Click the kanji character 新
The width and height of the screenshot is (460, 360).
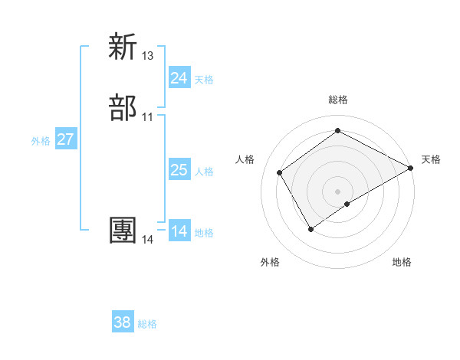123,47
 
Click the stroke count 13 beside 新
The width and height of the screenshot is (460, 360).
148,56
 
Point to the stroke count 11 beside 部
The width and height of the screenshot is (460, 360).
148,117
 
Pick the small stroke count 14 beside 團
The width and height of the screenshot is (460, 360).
148,240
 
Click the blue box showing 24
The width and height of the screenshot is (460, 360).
179,78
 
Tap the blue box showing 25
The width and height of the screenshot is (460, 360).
179,170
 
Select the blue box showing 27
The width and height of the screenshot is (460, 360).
66,139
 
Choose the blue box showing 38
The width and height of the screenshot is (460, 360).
123,322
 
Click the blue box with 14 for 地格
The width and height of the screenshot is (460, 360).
179,231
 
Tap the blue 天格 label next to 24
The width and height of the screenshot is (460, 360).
204,80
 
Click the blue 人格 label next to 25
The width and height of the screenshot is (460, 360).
204,172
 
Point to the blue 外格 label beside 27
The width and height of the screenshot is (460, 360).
41,141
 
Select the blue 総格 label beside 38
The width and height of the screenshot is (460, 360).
147,324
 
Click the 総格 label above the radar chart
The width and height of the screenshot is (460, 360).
338,100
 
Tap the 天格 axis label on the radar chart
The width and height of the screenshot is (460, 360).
431,159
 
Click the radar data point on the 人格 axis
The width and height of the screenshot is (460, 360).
280,172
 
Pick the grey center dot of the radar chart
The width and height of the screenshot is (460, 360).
338,191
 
